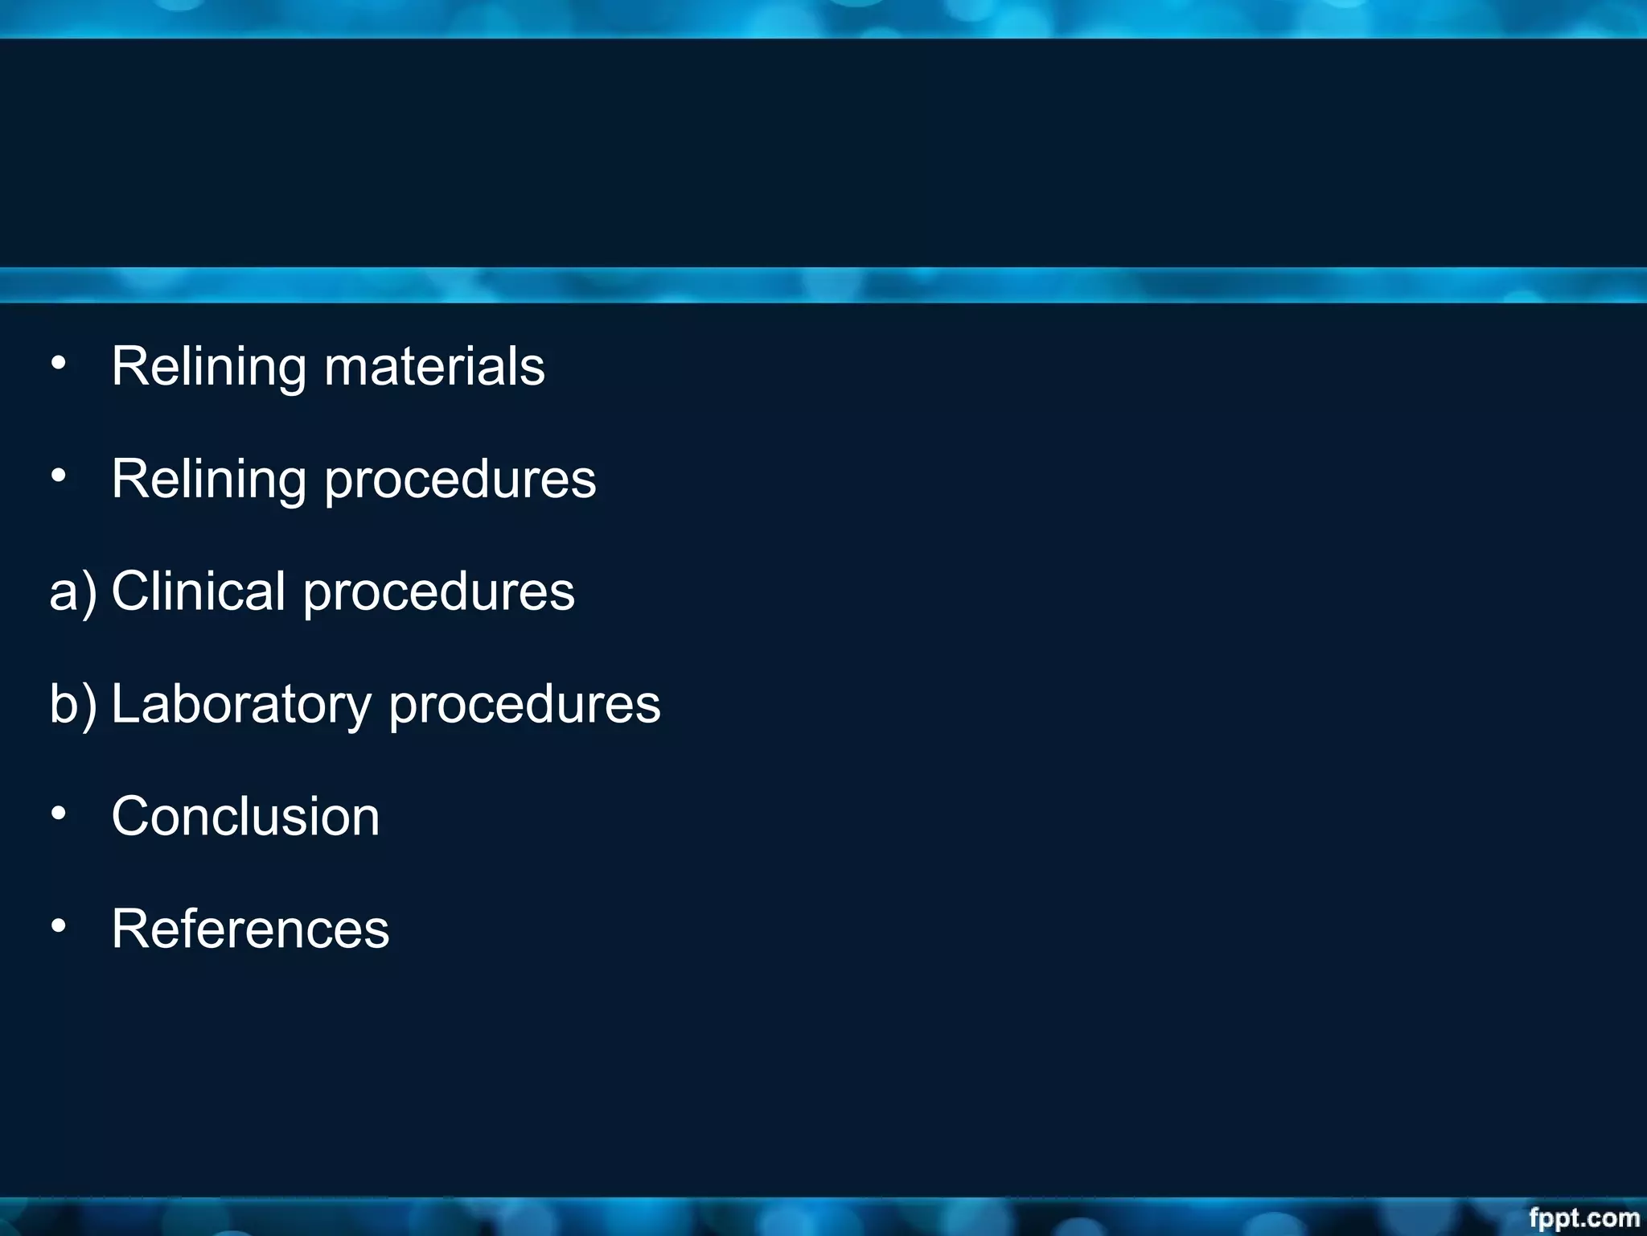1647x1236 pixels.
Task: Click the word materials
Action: [x=434, y=367]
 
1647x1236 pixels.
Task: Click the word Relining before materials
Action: [x=209, y=367]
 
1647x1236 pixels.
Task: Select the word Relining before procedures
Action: [x=209, y=480]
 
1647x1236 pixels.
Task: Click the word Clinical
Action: [x=198, y=591]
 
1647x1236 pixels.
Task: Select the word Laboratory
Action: [x=240, y=706]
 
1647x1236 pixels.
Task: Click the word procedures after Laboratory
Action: [x=524, y=706]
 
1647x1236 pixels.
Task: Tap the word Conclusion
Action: [x=245, y=817]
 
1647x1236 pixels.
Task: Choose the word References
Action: [x=250, y=929]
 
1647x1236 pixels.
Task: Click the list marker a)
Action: [x=72, y=593]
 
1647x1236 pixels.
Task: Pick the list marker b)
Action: [x=72, y=705]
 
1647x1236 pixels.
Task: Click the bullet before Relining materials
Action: [x=58, y=364]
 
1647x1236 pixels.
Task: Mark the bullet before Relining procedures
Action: [x=58, y=476]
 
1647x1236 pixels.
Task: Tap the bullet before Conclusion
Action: [x=58, y=814]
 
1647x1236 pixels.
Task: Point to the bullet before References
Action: [x=58, y=927]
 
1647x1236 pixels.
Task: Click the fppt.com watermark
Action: [x=1583, y=1218]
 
